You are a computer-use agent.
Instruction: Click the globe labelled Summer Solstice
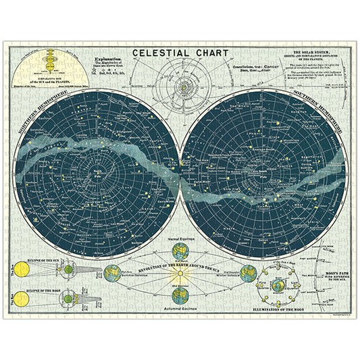coord(113,274)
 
